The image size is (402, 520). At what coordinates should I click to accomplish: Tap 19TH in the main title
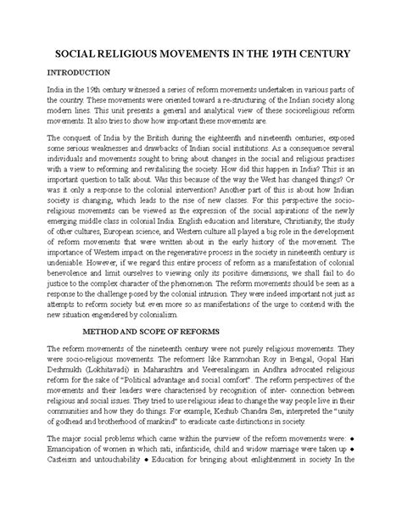(285, 53)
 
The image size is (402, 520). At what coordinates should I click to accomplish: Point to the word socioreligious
(275, 133)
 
